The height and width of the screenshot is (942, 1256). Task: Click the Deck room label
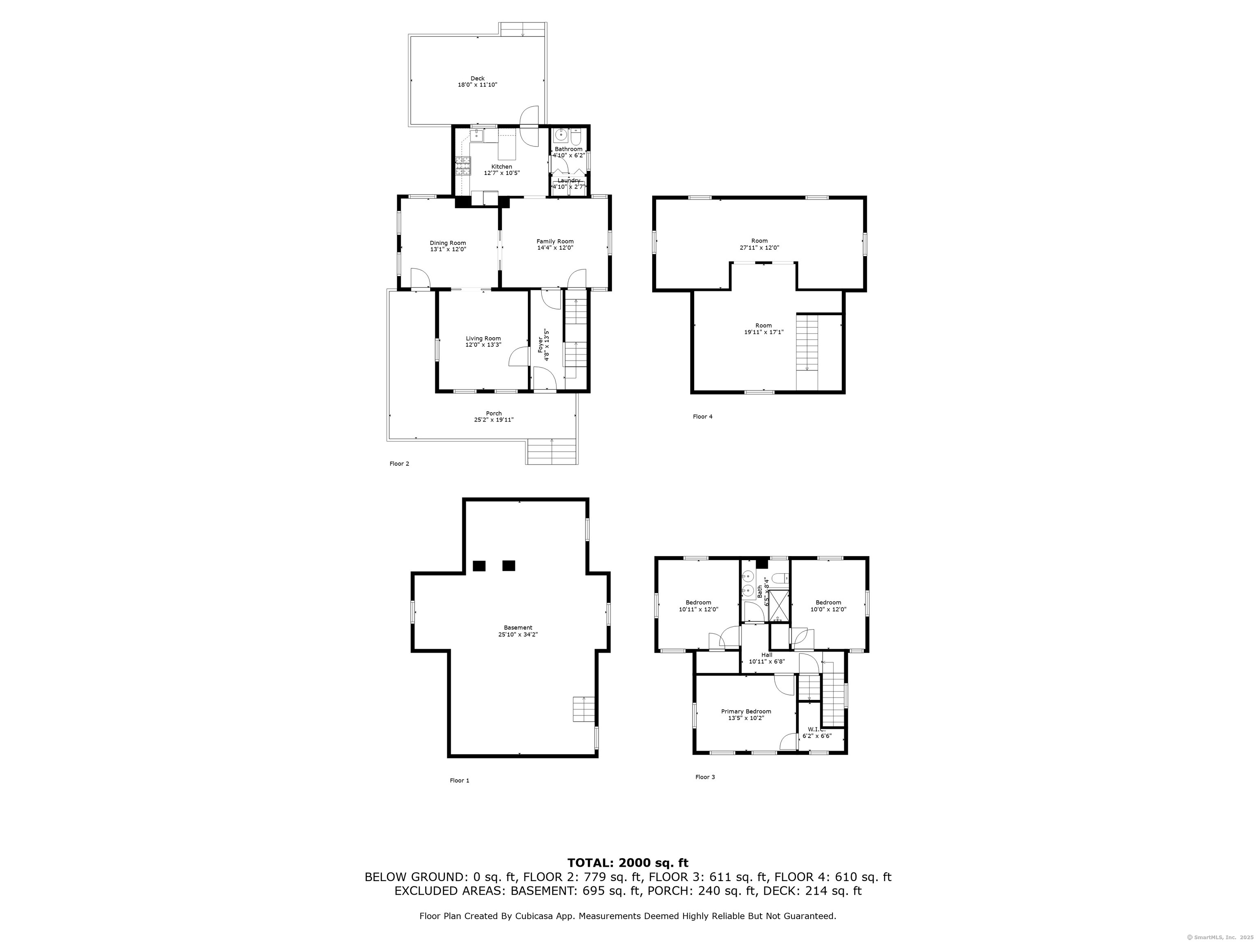point(478,78)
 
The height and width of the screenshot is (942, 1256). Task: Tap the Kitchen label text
point(502,166)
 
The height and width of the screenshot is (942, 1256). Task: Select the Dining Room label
point(448,243)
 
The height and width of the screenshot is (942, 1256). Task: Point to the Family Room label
point(555,241)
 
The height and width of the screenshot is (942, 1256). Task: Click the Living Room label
point(483,339)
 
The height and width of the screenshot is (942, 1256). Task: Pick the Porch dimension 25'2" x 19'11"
point(494,419)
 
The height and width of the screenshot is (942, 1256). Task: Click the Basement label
point(518,628)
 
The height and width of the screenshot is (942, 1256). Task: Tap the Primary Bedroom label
point(746,711)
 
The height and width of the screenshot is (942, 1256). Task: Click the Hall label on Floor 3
point(767,655)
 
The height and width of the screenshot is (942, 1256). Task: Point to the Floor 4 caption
point(702,416)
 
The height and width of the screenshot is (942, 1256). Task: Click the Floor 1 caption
point(460,780)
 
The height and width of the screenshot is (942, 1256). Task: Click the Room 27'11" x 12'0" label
point(759,244)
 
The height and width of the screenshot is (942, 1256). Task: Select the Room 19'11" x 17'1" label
point(764,329)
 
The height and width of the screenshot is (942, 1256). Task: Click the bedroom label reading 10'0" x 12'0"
point(828,606)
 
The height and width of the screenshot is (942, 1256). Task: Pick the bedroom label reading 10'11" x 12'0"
point(698,606)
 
